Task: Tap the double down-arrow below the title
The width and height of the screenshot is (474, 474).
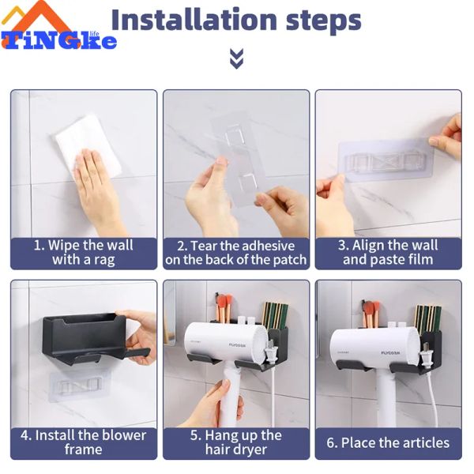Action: click(x=236, y=58)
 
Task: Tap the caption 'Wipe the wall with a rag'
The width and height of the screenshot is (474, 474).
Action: click(x=83, y=252)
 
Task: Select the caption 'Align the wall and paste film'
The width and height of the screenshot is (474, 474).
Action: click(x=388, y=252)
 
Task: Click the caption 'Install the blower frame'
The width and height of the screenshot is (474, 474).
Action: click(x=83, y=442)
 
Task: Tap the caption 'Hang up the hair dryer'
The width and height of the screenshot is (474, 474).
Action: click(x=236, y=442)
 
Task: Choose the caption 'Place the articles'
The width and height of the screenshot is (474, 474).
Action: click(x=388, y=442)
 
